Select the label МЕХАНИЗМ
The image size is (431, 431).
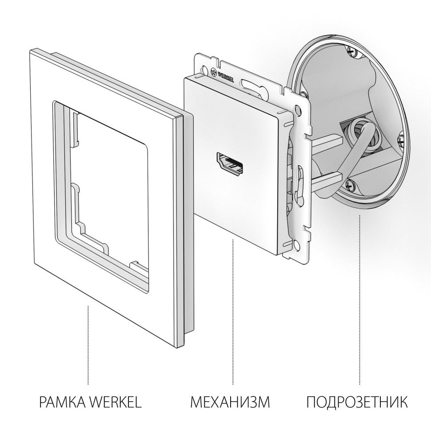(230, 403)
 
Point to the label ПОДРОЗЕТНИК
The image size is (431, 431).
(357, 403)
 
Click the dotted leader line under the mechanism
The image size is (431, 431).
(233, 311)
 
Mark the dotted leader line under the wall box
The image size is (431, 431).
(359, 302)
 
